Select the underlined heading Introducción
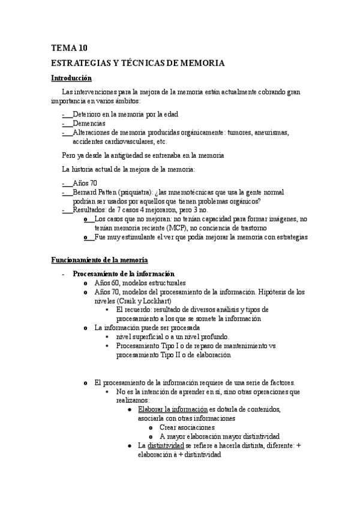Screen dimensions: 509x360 [71, 77]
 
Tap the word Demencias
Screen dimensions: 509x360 [89, 123]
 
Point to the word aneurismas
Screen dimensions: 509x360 [271, 133]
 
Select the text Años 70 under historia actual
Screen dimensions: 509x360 [85, 182]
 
